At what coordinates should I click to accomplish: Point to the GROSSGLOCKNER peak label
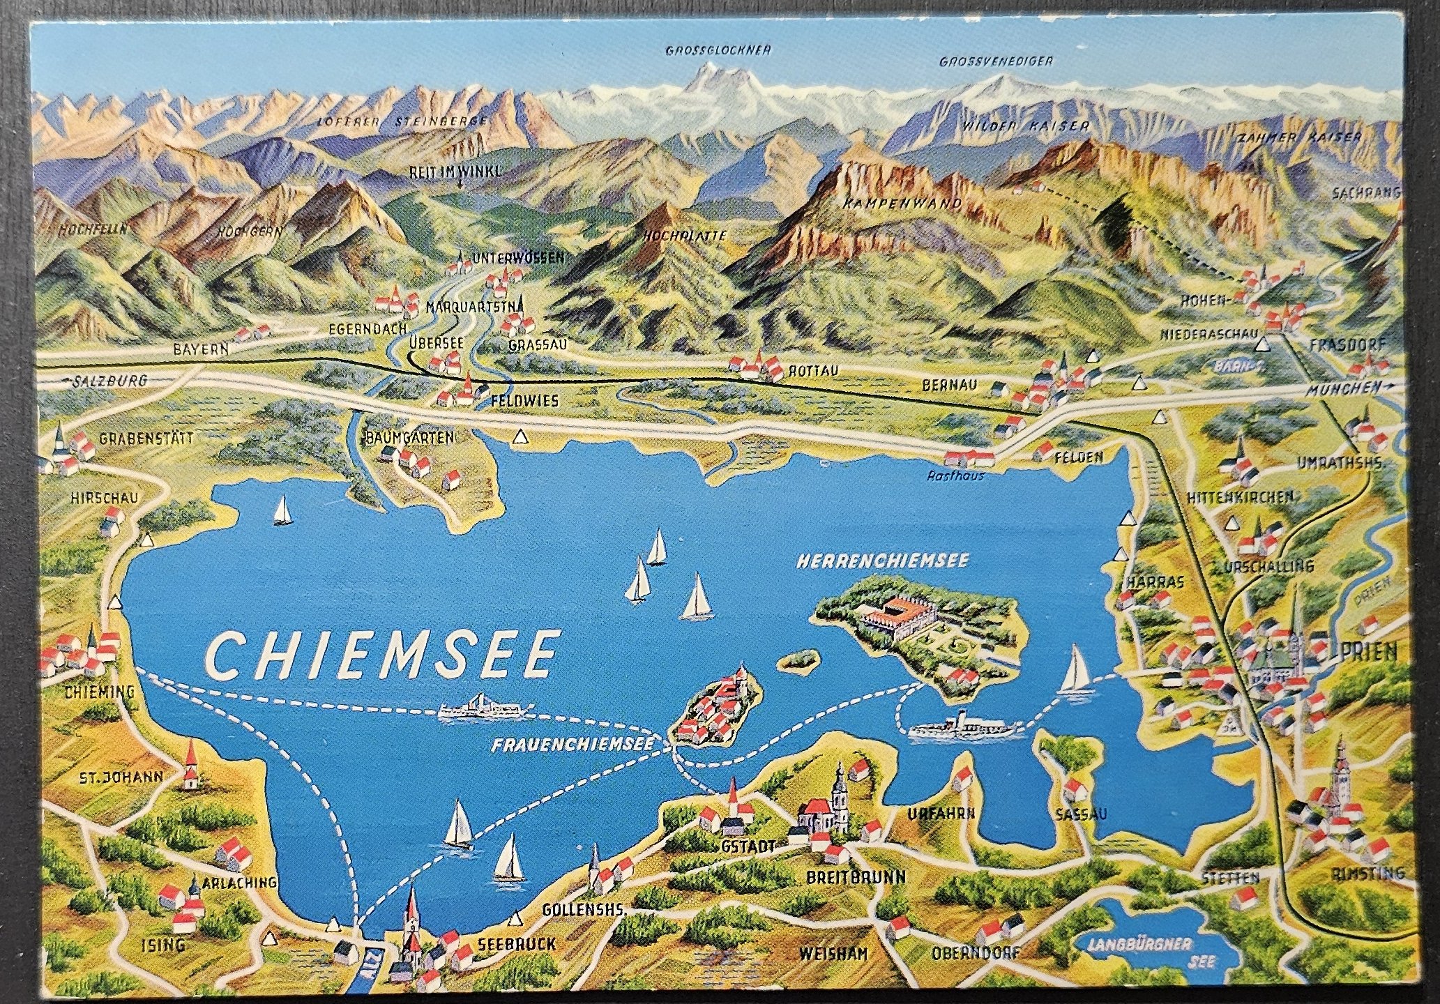(x=718, y=51)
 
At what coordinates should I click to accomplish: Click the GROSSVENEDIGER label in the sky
(x=995, y=61)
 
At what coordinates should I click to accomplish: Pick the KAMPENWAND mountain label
(x=902, y=204)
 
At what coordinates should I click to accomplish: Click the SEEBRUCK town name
(x=517, y=944)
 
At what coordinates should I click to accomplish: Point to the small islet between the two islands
(x=797, y=660)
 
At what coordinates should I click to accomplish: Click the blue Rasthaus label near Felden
(x=955, y=476)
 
